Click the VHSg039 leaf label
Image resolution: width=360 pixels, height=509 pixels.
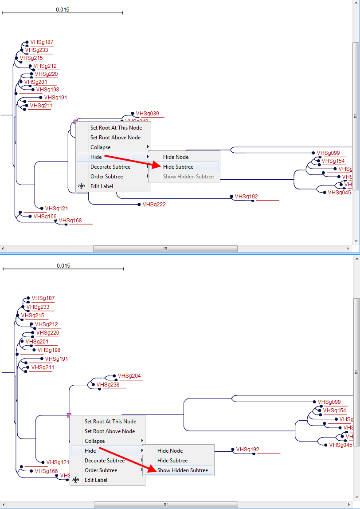[x=147, y=114]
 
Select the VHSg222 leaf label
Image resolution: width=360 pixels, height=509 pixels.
[x=154, y=205]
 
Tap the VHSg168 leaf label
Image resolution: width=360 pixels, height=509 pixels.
[x=70, y=221]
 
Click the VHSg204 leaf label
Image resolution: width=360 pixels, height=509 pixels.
[x=129, y=376]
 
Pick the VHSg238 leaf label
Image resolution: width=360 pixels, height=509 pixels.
[x=108, y=385]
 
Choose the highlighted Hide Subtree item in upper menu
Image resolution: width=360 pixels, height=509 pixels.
[x=178, y=167]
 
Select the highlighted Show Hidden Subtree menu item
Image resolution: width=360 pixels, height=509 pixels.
[x=182, y=470]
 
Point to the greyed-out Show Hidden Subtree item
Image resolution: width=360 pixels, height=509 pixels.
[x=188, y=177]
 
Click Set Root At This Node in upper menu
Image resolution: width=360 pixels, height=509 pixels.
[x=116, y=128]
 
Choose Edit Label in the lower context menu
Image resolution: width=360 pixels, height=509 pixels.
[x=96, y=480]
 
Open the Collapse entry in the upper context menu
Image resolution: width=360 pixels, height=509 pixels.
[x=101, y=147]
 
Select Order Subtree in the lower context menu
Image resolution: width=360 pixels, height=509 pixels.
[x=101, y=470]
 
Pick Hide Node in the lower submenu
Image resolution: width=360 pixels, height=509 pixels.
[x=170, y=451]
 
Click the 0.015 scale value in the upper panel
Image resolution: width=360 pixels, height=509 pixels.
[x=63, y=10]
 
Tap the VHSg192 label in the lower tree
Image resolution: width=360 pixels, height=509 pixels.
[x=247, y=450]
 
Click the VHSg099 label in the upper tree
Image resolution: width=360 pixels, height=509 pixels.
[x=328, y=153]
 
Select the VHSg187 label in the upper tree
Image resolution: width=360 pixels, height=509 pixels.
[x=42, y=42]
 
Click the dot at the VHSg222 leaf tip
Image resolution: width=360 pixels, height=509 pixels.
[x=138, y=205]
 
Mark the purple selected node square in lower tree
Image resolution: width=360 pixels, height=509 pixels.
[x=69, y=415]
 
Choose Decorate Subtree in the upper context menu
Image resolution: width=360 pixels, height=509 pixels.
[x=110, y=167]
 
